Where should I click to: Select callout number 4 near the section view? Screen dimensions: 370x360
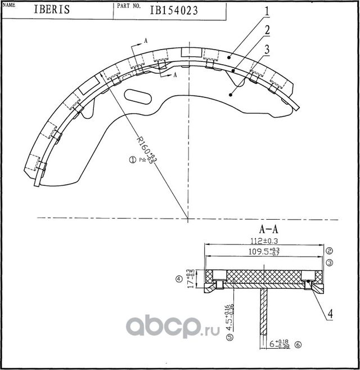tap(331, 313)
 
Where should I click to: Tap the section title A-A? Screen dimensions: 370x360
tap(269, 230)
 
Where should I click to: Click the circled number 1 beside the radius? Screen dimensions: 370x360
tap(133, 160)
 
